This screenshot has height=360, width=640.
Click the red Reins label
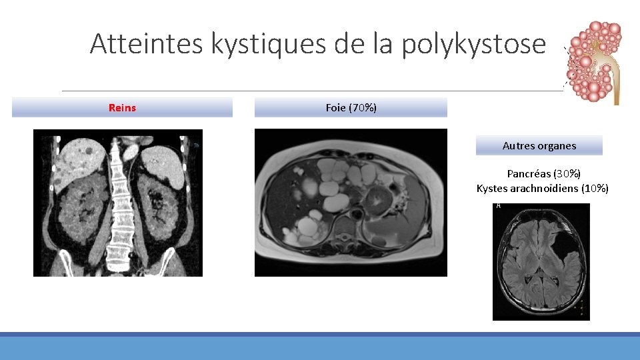point(122,107)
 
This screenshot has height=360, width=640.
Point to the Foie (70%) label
point(351,107)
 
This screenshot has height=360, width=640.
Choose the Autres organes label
point(539,145)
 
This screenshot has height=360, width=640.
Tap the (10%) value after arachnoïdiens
point(595,189)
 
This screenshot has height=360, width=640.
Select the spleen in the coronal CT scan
point(162,163)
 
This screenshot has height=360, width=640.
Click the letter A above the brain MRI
point(497,206)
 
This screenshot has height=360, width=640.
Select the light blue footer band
point(320,348)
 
